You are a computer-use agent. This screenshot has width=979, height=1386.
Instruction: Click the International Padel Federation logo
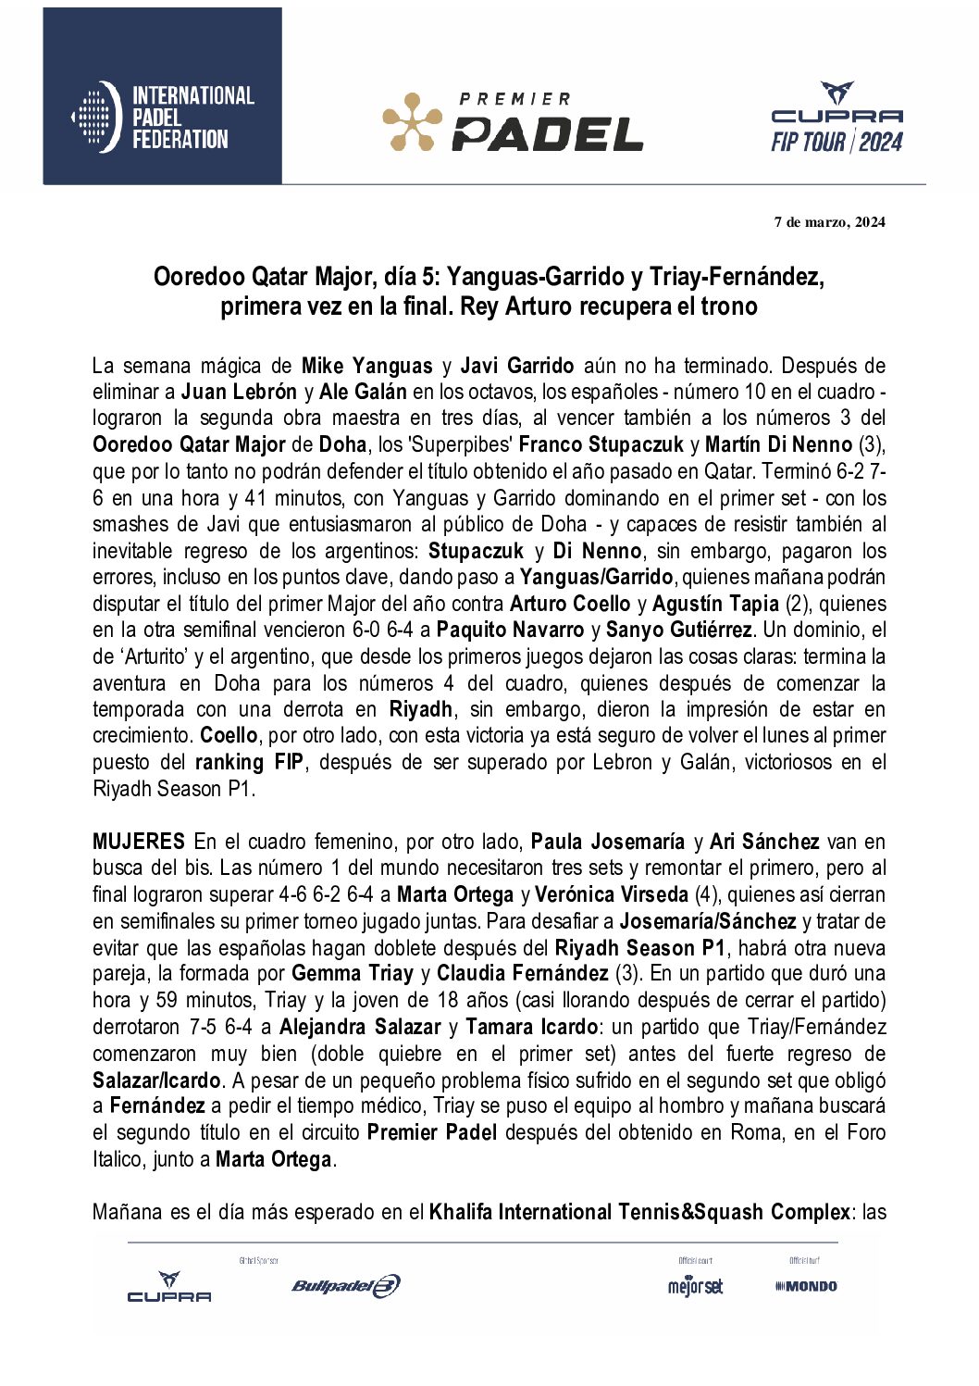(x=163, y=118)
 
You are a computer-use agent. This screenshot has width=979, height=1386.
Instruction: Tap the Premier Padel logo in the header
(x=513, y=122)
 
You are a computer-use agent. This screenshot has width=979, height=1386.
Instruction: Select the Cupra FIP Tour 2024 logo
(x=836, y=119)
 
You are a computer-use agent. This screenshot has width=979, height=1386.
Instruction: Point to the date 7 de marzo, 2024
(x=829, y=222)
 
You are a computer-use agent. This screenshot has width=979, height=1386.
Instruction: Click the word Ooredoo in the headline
(x=199, y=277)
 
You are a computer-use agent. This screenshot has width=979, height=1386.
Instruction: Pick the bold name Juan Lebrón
(x=239, y=392)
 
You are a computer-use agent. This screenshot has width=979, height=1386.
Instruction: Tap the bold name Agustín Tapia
(x=715, y=604)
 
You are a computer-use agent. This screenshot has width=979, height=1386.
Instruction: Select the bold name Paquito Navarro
(x=510, y=631)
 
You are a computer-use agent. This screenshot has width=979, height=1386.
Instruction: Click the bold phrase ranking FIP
(x=249, y=762)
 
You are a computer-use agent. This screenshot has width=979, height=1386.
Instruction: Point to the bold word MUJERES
(x=139, y=842)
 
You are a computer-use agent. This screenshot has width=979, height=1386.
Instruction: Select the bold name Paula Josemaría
(x=608, y=842)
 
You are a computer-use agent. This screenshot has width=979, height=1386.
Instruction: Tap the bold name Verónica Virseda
(x=612, y=894)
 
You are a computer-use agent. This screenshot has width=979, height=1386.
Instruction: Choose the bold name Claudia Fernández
(x=522, y=973)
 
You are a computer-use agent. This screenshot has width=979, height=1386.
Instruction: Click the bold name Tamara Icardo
(x=531, y=1027)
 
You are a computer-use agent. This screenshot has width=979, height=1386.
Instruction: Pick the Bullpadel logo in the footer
(x=345, y=1285)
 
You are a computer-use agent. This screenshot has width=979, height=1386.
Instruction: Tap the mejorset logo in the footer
(x=695, y=1286)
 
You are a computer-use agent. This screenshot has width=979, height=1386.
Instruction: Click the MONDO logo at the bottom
(x=806, y=1286)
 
